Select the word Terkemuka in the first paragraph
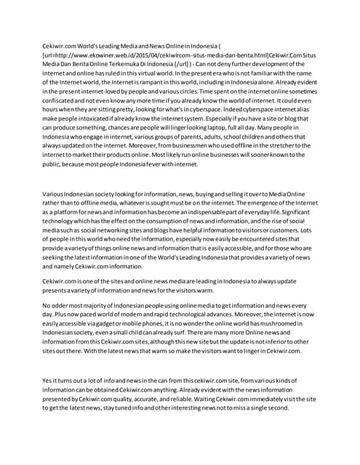tap(119, 64)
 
